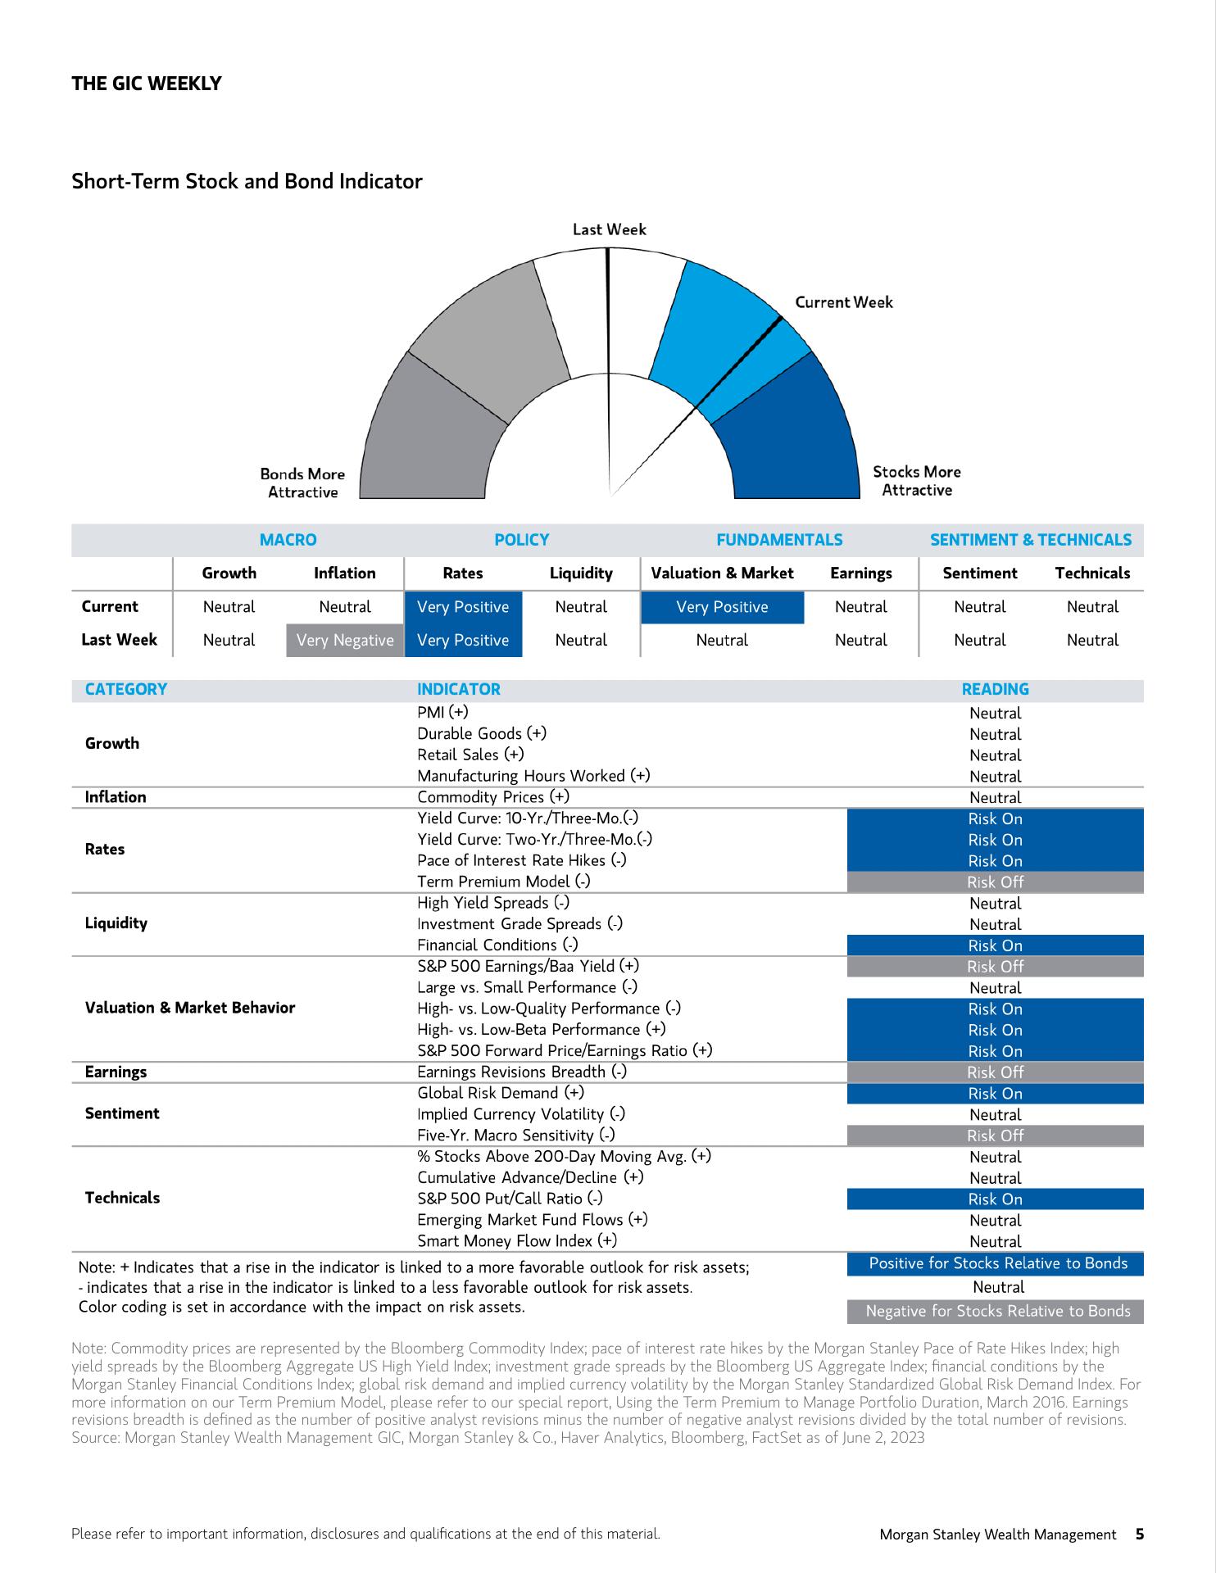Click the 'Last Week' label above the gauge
click(609, 229)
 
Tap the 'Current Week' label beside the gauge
click(843, 302)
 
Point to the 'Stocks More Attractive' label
click(916, 481)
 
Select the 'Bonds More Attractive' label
click(302, 483)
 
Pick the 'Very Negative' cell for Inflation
click(345, 640)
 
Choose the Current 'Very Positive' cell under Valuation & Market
click(722, 607)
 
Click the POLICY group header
click(521, 540)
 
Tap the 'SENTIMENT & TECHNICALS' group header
click(1030, 540)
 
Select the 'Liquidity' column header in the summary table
click(581, 573)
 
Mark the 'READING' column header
click(995, 689)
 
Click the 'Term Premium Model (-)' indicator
click(503, 882)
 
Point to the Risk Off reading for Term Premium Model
click(995, 882)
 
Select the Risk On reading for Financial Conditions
click(995, 945)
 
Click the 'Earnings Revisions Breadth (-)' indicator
click(522, 1072)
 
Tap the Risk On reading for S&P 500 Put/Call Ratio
click(995, 1199)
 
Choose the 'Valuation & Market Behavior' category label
click(190, 1008)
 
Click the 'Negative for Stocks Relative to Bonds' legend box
click(997, 1311)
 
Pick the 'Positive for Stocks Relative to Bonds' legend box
click(997, 1263)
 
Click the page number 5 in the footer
click(1139, 1534)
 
